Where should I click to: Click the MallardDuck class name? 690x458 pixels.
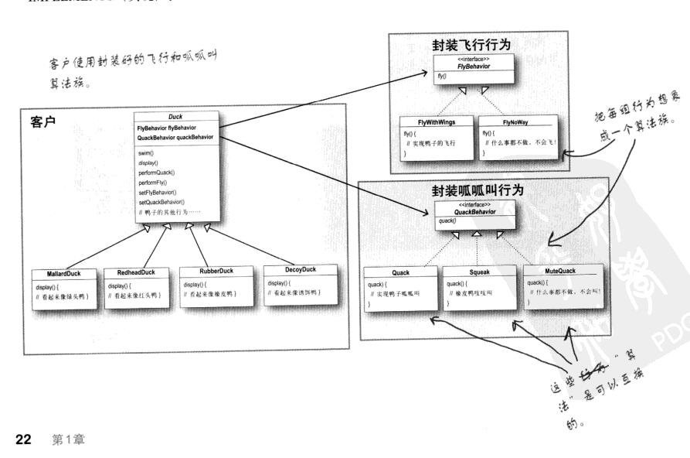click(x=56, y=275)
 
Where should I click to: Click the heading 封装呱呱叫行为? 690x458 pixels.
click(x=477, y=190)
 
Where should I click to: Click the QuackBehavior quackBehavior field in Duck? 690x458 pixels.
click(x=175, y=137)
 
